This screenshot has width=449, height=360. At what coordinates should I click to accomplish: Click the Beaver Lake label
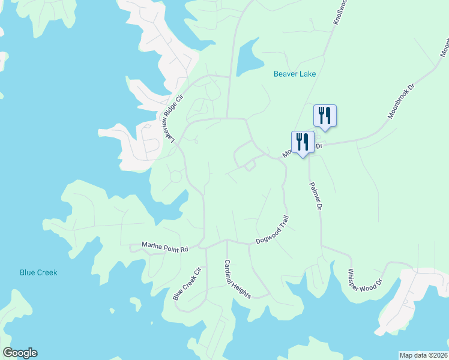point(294,74)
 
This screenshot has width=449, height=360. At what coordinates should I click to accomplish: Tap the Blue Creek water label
point(38,272)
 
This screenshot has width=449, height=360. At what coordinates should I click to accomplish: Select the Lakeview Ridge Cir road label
point(172,119)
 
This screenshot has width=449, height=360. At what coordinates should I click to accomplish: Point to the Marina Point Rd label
point(165,246)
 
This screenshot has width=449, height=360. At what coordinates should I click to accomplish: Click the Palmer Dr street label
point(316,196)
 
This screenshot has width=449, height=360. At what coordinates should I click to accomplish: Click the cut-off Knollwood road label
point(340,12)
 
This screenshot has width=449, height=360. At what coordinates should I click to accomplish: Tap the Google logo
point(20,353)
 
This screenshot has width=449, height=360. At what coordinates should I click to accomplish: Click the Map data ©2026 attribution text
point(424,355)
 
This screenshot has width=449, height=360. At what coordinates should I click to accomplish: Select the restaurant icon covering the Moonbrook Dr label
point(303,143)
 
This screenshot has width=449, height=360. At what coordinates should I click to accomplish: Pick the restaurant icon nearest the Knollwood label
point(325,115)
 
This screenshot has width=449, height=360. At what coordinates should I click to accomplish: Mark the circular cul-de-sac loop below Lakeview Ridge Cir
point(176,177)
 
